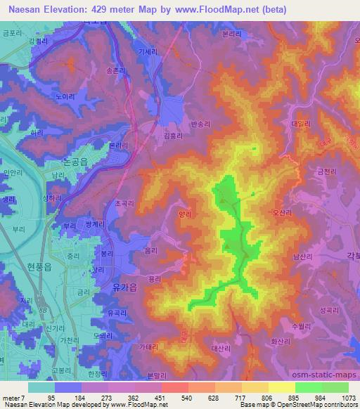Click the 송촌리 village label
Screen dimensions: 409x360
coord(114,71)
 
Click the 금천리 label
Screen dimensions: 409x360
coord(326,171)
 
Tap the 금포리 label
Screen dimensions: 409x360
coord(11,32)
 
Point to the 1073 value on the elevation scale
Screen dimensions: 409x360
coord(348,398)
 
